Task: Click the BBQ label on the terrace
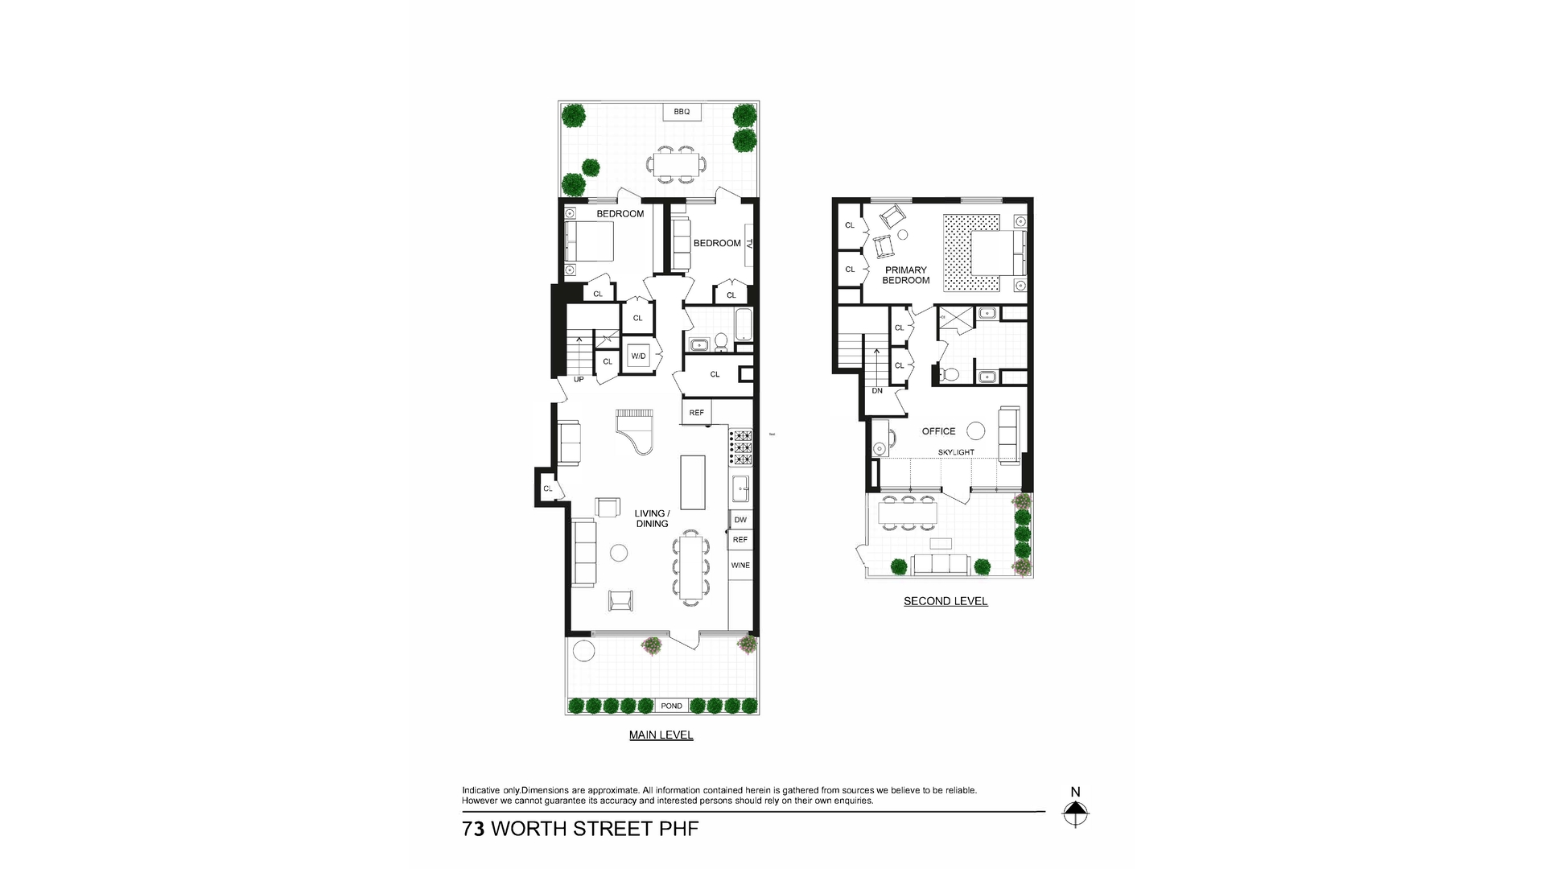(682, 112)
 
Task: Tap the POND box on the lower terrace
(671, 706)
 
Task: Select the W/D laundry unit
(639, 356)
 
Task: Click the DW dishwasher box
(740, 520)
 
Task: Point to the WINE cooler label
(740, 565)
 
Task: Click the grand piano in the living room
(637, 431)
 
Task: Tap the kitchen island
(693, 482)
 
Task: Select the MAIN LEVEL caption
(661, 735)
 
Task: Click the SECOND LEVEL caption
(946, 601)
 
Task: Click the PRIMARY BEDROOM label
(906, 275)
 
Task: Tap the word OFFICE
(938, 431)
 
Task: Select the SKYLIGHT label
(956, 452)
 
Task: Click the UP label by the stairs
(579, 379)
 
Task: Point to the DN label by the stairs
(877, 391)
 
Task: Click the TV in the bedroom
(749, 243)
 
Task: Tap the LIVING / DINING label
(652, 518)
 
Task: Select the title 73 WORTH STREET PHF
(580, 829)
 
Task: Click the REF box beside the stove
(696, 413)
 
